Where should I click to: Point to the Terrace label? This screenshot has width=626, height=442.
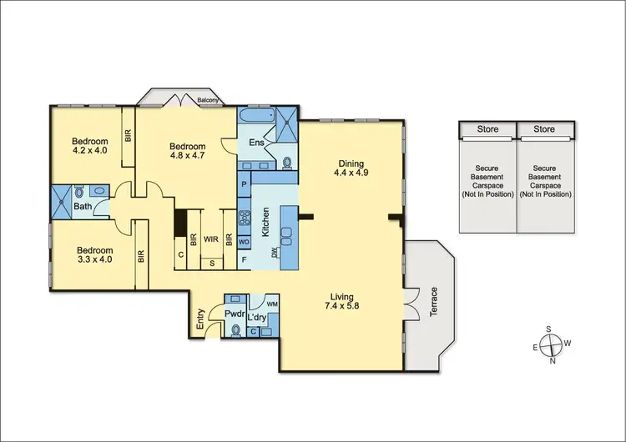point(432,301)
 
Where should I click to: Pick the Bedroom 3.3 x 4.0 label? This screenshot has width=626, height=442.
point(94,254)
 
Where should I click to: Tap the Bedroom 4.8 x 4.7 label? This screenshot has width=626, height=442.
point(188,149)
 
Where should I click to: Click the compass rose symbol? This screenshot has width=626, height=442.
point(552,344)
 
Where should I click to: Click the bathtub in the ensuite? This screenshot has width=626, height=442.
point(255,118)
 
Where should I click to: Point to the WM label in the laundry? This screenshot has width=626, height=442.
point(271,304)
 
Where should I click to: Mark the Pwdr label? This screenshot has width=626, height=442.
point(234,314)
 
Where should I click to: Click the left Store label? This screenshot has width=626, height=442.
point(487,129)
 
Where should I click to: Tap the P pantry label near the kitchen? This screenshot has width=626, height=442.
point(245,184)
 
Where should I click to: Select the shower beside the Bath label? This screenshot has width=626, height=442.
point(63,198)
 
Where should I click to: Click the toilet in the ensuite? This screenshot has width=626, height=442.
point(286,163)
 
